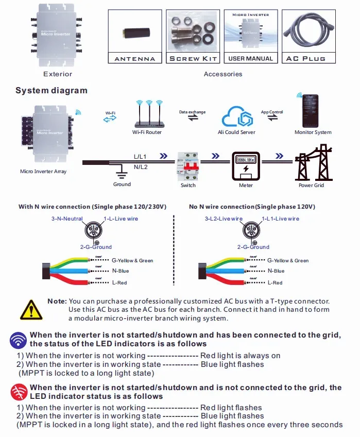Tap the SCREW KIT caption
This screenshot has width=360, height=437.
194,59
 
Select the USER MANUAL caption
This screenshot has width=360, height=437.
250,59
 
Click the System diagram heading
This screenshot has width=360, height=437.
52,91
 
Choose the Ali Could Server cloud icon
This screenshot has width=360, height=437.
237,117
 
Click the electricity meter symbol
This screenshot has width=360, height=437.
246,164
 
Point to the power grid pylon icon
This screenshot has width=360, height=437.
311,162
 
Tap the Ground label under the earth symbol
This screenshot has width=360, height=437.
122,184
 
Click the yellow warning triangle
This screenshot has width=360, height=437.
31,310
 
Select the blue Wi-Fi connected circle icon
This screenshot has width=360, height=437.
19,340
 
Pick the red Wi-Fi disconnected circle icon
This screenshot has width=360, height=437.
19,392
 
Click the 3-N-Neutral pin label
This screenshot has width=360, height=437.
67,218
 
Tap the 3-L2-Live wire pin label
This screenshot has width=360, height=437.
222,218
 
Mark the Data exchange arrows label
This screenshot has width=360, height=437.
192,112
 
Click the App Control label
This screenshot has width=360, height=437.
272,112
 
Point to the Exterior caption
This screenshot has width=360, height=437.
58,74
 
